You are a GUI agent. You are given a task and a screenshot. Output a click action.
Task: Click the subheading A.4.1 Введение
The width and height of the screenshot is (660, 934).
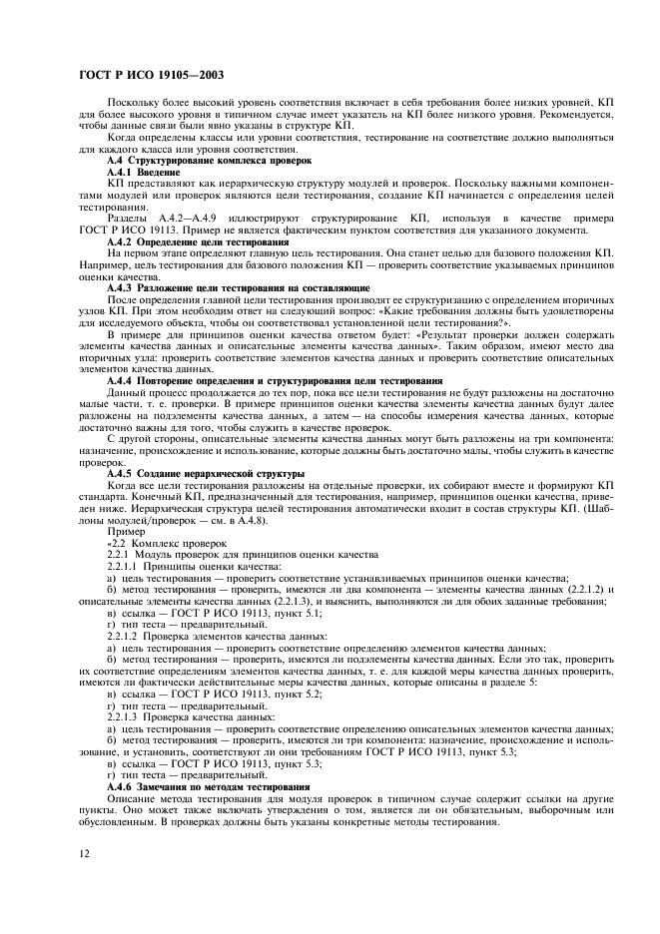[143, 172]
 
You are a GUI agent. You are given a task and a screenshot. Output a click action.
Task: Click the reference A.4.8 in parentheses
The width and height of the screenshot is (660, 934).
[235, 519]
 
